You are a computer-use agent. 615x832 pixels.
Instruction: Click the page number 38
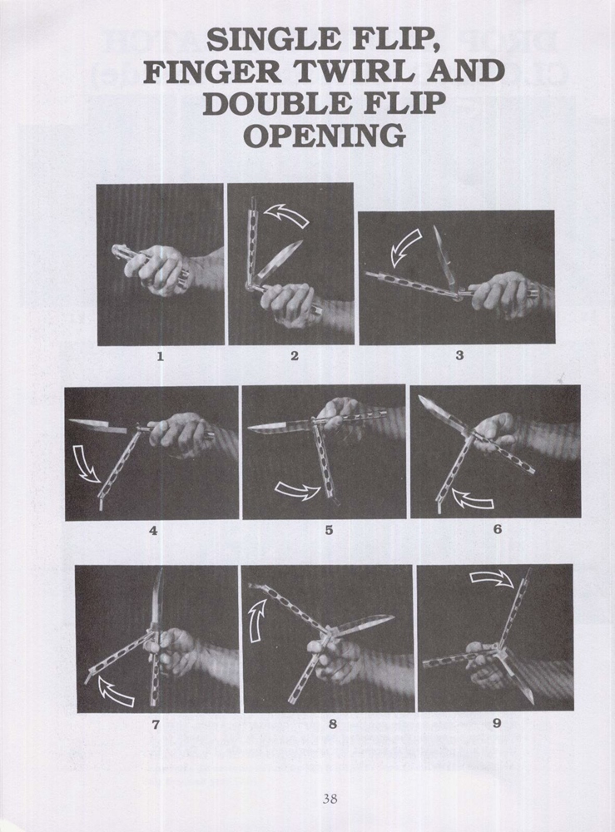(330, 798)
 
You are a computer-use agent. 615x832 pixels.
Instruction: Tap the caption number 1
(160, 357)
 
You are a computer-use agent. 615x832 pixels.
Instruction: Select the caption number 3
(459, 355)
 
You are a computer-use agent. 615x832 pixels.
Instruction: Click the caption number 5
(329, 529)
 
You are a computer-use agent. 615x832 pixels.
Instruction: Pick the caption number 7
(156, 725)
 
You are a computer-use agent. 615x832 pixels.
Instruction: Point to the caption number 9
(497, 723)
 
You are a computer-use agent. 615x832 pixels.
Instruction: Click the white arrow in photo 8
(257, 622)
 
